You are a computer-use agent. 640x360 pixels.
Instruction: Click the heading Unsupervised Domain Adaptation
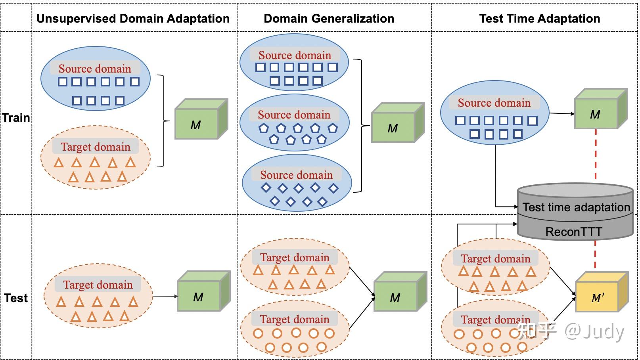(x=133, y=19)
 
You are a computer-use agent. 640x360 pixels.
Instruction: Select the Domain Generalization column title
(x=329, y=19)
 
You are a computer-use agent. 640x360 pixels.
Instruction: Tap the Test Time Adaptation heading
(x=539, y=19)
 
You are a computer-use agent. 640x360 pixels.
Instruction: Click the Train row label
(x=16, y=118)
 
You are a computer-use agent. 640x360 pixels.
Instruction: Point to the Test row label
(x=16, y=298)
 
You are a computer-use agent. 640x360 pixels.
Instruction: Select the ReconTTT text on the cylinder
(x=573, y=232)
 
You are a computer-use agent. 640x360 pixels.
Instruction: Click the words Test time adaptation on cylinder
(x=576, y=207)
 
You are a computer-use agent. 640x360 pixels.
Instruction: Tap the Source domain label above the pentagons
(x=294, y=115)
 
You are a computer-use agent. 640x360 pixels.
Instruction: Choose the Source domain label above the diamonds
(x=296, y=175)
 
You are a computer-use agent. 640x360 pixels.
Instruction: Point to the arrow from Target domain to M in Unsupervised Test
(x=165, y=296)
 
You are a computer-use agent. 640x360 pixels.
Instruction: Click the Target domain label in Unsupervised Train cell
(x=96, y=147)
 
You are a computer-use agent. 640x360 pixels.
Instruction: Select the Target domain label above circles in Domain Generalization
(x=295, y=320)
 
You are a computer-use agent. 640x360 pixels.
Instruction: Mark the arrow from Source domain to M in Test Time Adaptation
(x=562, y=114)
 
